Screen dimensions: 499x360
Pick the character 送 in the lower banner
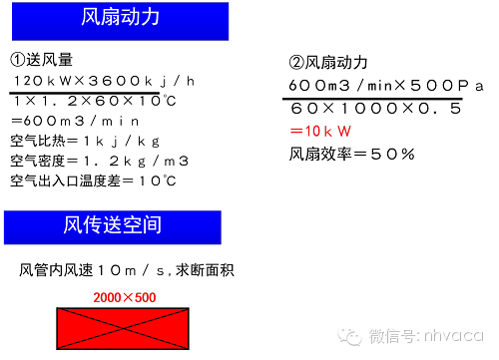[x=112, y=226]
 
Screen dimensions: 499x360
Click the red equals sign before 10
[x=295, y=132]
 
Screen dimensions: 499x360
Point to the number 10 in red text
[x=312, y=132]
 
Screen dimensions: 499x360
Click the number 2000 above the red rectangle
[x=107, y=297]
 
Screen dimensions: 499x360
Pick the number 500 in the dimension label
[x=145, y=297]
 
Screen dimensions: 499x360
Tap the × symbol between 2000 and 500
[x=127, y=297]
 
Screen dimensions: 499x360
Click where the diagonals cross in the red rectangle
[x=123, y=328]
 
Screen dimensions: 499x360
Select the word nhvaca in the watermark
[x=453, y=334]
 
